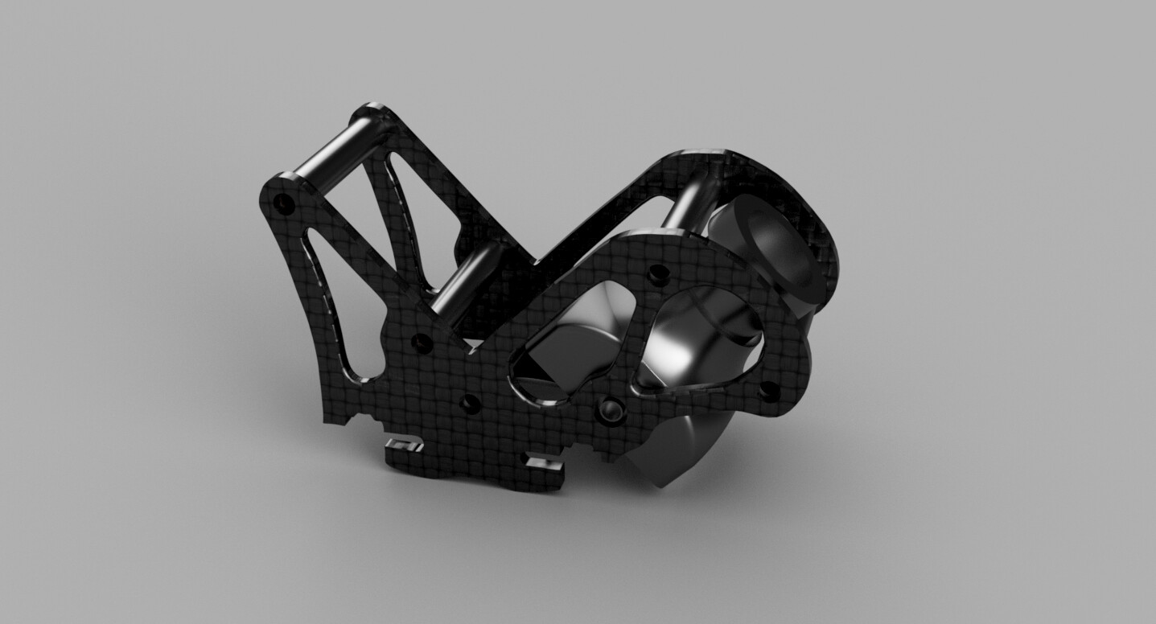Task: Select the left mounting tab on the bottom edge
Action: point(403,444)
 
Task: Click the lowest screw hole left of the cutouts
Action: point(467,401)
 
